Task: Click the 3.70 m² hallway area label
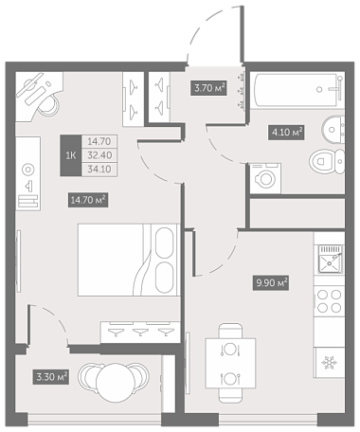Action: click(x=208, y=88)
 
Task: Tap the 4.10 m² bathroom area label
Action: click(x=286, y=132)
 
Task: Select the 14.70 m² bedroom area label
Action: click(x=88, y=200)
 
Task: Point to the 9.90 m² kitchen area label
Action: click(x=271, y=282)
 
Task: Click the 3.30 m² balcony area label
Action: click(x=51, y=377)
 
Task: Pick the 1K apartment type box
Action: click(x=71, y=155)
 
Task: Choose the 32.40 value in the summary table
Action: click(x=99, y=155)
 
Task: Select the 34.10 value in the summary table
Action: click(x=99, y=170)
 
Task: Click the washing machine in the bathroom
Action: click(x=265, y=178)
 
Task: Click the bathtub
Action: click(x=298, y=90)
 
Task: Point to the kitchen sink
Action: click(x=331, y=259)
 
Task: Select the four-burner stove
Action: click(x=329, y=301)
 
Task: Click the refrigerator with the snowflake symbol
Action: click(x=329, y=363)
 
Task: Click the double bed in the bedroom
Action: click(x=129, y=260)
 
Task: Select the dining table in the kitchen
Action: click(x=230, y=363)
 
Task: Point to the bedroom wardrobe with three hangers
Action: click(x=140, y=333)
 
